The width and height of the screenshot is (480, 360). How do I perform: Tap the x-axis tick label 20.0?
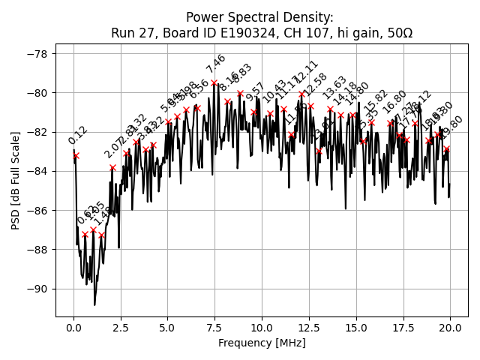pyautogui.click(x=450, y=328)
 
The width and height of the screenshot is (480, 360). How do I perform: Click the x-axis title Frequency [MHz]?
pyautogui.click(x=262, y=343)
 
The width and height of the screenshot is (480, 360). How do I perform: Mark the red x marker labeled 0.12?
pyautogui.click(x=76, y=155)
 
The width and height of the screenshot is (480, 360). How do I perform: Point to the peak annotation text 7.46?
pyautogui.click(x=216, y=64)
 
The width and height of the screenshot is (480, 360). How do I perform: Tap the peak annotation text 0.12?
pyautogui.click(x=78, y=136)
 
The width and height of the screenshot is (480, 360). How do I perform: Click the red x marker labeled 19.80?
pyautogui.click(x=447, y=148)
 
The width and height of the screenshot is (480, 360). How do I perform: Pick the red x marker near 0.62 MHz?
pyautogui.click(x=85, y=234)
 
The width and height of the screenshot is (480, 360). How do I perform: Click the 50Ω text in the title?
pyautogui.click(x=398, y=33)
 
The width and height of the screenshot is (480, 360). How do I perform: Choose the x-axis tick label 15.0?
pyautogui.click(x=355, y=328)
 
